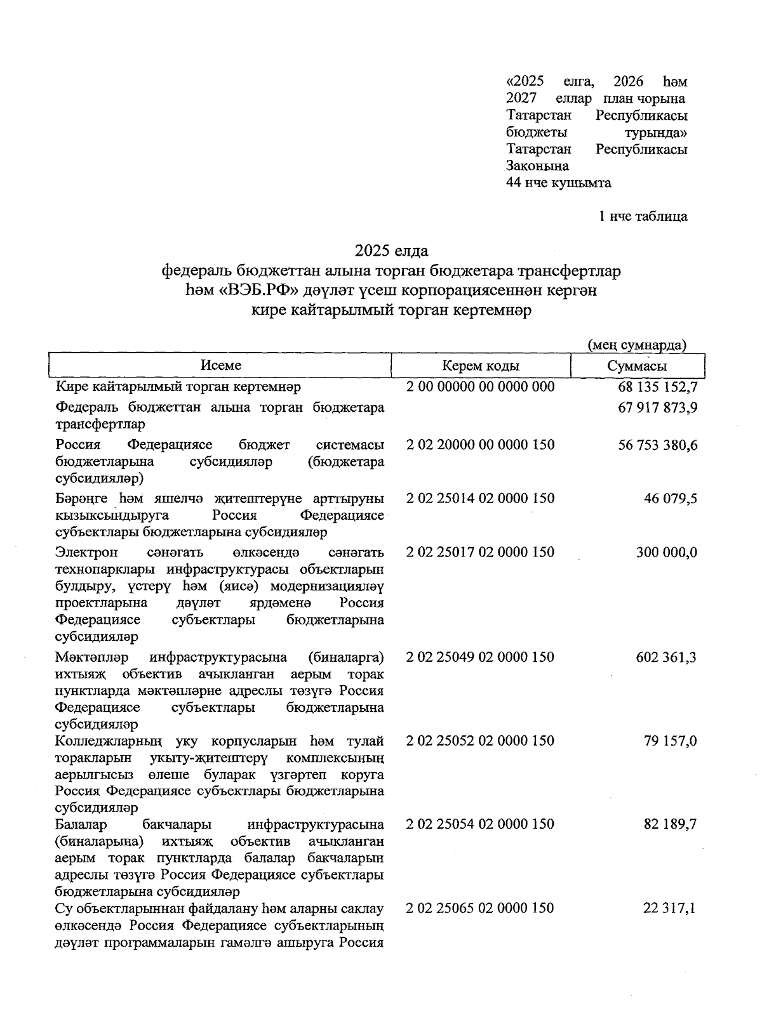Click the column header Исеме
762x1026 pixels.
(x=220, y=365)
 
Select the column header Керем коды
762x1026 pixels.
(x=481, y=365)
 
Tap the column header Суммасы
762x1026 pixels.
(x=637, y=366)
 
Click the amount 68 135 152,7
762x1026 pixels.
(x=657, y=386)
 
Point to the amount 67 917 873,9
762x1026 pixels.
(x=657, y=407)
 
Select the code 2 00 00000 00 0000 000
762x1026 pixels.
(x=480, y=386)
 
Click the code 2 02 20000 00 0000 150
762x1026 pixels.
(x=480, y=445)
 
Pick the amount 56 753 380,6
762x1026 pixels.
(x=657, y=445)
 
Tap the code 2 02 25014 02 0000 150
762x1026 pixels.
(x=480, y=498)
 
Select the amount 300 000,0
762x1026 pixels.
(x=666, y=552)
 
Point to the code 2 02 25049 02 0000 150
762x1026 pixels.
(x=480, y=657)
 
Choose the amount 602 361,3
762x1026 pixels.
(x=666, y=657)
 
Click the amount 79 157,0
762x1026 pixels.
(x=670, y=741)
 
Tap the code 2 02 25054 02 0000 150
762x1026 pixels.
(x=480, y=824)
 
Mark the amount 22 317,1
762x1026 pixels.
(x=670, y=909)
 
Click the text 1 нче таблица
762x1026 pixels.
(x=643, y=216)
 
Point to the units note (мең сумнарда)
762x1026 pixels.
(x=636, y=345)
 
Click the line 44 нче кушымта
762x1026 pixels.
(x=558, y=183)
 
